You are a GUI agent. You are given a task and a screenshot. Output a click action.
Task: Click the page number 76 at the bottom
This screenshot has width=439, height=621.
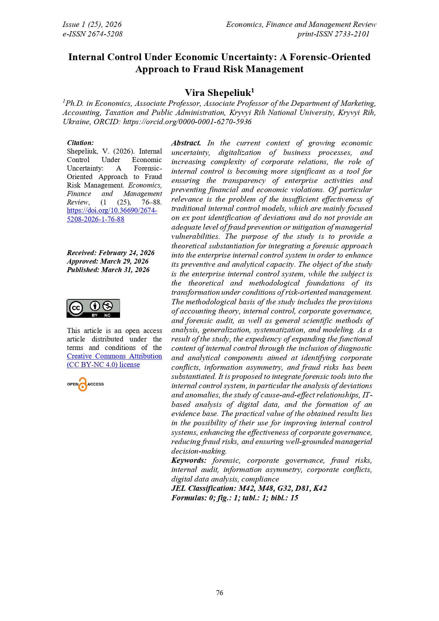tap(219, 593)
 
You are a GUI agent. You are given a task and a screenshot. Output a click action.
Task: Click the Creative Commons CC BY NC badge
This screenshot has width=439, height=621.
tap(93, 308)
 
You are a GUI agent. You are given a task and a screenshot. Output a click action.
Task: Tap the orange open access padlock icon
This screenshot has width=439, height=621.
tap(82, 384)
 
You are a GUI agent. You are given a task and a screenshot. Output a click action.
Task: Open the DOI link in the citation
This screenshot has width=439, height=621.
tap(112, 214)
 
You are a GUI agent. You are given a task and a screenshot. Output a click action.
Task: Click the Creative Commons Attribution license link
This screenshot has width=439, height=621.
tap(114, 360)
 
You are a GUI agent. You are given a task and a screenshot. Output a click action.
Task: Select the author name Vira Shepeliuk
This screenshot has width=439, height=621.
tap(219, 93)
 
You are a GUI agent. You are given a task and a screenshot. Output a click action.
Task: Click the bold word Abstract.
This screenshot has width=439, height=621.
tap(186, 143)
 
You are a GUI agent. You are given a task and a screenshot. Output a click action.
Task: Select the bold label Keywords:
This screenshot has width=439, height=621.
tap(189, 460)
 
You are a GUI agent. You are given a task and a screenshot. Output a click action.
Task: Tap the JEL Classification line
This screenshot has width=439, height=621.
tap(249, 488)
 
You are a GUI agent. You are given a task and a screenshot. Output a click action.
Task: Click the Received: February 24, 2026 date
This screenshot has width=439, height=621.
tap(110, 253)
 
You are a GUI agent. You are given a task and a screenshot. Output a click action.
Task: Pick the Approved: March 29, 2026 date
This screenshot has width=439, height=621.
tap(108, 261)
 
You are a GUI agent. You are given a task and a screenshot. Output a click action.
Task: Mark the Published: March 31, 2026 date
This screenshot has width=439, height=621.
tap(108, 270)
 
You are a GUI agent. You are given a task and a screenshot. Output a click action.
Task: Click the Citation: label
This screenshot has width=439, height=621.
tap(80, 143)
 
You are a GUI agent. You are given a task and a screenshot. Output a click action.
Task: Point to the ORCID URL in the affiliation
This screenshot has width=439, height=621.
tap(187, 122)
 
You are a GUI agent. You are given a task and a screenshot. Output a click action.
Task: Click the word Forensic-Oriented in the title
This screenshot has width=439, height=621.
tap(330, 57)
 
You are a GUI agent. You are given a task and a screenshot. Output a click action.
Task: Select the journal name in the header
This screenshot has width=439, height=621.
tap(301, 24)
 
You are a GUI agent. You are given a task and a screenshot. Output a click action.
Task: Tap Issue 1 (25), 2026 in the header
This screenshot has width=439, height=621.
tap(92, 24)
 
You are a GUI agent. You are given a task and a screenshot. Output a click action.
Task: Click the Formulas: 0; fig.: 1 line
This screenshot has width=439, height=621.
tap(235, 498)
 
